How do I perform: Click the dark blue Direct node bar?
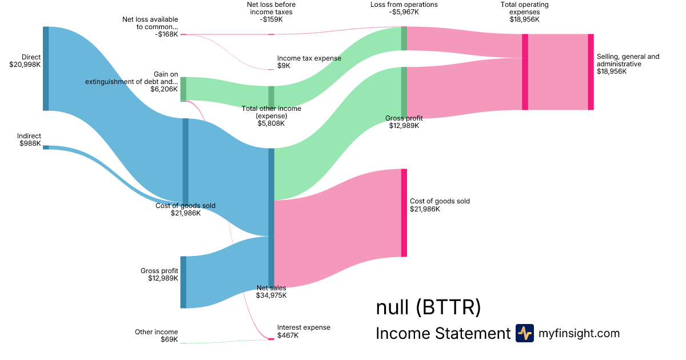46,69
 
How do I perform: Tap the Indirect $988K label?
29,140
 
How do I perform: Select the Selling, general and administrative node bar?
591,72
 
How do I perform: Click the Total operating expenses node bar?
525,72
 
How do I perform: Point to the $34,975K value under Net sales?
272,295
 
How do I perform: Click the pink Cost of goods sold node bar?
404,213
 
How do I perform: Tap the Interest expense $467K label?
304,331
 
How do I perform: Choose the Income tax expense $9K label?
309,62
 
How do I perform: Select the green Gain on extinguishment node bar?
184,89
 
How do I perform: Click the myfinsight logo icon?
524,333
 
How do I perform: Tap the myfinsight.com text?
579,333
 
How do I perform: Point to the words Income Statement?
442,334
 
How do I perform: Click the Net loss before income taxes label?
271,11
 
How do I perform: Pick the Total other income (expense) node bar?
272,97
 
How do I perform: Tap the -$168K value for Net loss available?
166,34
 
